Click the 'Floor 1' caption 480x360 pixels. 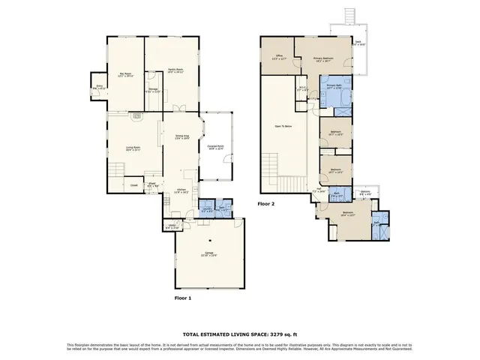(183, 298)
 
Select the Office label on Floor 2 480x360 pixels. (278, 57)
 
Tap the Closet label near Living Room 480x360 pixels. (134, 184)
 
